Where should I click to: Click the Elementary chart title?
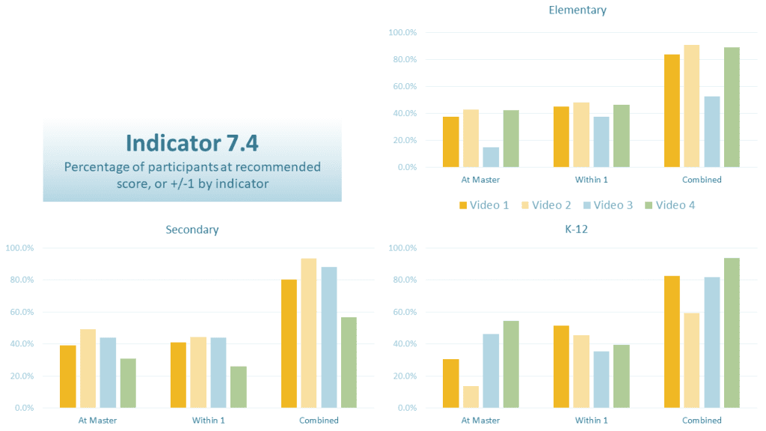[577, 10]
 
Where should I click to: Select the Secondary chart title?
[192, 230]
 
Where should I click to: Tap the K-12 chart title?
[577, 230]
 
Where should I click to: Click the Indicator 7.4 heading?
[192, 142]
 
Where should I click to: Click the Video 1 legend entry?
[484, 205]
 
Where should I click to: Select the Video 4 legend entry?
[673, 205]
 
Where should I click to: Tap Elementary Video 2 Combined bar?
[692, 106]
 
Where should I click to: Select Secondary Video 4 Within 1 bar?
[239, 387]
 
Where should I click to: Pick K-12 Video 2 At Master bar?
[471, 397]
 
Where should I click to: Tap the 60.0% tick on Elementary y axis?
[402, 87]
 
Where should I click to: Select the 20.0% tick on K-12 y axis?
[402, 376]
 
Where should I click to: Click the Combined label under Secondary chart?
[319, 421]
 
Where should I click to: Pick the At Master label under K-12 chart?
[481, 421]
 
